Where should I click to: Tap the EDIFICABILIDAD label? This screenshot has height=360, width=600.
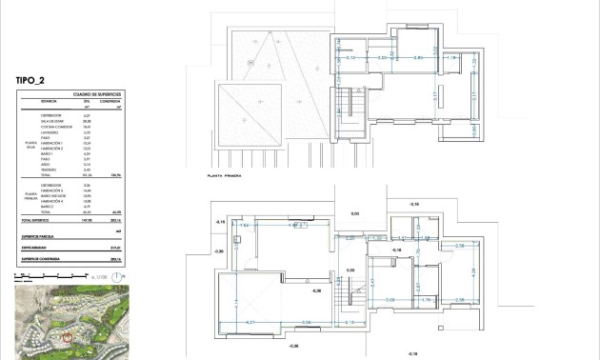click(38, 245)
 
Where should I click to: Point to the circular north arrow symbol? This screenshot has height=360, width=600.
click(116, 277)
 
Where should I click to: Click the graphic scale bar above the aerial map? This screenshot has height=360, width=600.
click(48, 277)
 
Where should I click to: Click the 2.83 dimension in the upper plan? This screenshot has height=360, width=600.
click(417, 58)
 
